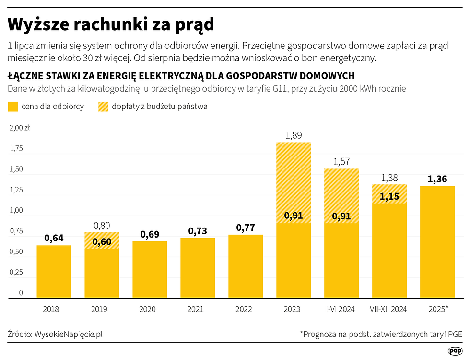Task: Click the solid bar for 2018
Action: point(54,271)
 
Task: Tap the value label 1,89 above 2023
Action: point(294,135)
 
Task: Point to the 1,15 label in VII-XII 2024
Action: point(389,196)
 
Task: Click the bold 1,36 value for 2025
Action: point(437,179)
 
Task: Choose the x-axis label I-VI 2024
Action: point(340,309)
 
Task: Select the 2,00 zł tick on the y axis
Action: point(20,128)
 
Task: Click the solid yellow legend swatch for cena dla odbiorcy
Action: point(13,107)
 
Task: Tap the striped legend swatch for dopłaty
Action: point(104,107)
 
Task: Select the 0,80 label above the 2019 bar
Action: point(102,226)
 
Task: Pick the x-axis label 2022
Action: point(244,309)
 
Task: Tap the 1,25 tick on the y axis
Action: point(16,190)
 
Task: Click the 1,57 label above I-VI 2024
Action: point(341,161)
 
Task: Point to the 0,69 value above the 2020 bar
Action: point(150,235)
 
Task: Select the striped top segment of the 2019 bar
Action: point(102,240)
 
